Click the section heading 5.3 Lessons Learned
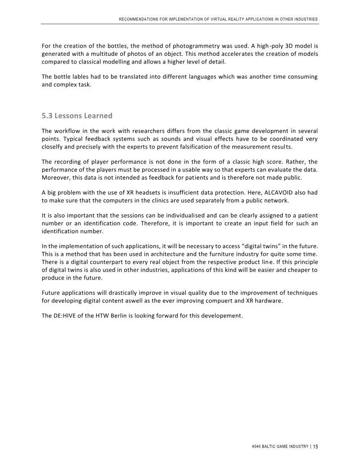77,116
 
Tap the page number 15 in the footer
315,447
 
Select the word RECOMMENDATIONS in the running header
139,19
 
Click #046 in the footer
258,447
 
